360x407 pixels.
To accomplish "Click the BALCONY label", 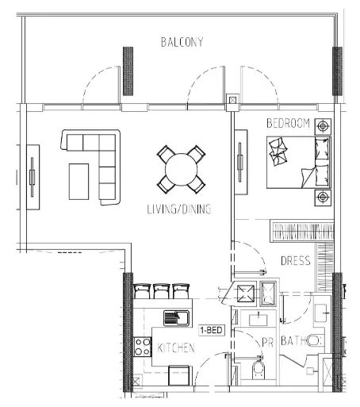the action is pyautogui.click(x=182, y=42).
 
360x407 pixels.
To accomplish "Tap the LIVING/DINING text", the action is pyautogui.click(x=179, y=209).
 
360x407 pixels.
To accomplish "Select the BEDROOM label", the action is pyautogui.click(x=288, y=123).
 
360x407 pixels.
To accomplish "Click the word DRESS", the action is pyautogui.click(x=296, y=261).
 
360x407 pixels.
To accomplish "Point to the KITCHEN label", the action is pyautogui.click(x=176, y=347).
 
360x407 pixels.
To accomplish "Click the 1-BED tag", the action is pyautogui.click(x=212, y=330).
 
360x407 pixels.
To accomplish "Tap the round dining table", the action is pyautogui.click(x=182, y=170).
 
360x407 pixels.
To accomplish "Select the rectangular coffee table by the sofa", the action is pyautogui.click(x=79, y=182).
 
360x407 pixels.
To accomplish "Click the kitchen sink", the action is pyautogui.click(x=176, y=318).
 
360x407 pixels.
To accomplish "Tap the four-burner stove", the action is pyautogui.click(x=143, y=347).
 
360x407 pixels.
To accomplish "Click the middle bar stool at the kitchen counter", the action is pyautogui.click(x=161, y=291).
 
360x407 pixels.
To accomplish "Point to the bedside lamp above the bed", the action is pyautogui.click(x=323, y=126).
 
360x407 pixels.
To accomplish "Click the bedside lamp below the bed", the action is pyautogui.click(x=323, y=198).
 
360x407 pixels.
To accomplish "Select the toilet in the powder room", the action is pyautogui.click(x=259, y=368).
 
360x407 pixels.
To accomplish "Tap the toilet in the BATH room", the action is pyautogui.click(x=315, y=340).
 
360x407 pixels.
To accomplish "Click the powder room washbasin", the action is pyautogui.click(x=259, y=320).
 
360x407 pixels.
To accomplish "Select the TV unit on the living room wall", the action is pyautogui.click(x=33, y=177).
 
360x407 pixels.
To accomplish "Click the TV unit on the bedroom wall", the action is pyautogui.click(x=241, y=162).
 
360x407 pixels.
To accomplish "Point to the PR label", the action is pyautogui.click(x=267, y=342).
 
